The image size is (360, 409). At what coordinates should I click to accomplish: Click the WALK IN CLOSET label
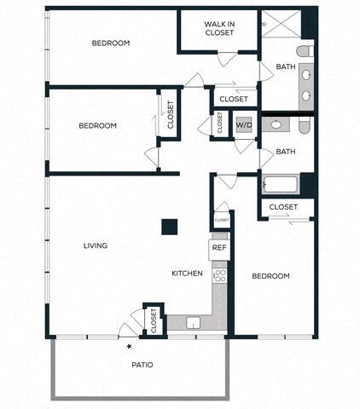(219, 28)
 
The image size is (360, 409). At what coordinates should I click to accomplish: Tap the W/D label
(244, 125)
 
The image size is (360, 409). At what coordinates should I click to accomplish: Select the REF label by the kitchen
(219, 248)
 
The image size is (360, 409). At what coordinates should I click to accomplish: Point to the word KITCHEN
(187, 274)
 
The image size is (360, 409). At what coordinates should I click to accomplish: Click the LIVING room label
(96, 246)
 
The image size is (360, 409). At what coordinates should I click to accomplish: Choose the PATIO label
(142, 365)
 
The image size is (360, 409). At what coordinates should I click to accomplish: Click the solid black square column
(170, 227)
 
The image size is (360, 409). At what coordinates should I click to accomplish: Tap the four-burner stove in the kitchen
(219, 276)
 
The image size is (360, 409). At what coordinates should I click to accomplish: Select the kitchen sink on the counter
(193, 322)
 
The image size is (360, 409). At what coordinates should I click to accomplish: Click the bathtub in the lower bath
(281, 184)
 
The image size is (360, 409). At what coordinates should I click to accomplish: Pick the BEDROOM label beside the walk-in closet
(111, 43)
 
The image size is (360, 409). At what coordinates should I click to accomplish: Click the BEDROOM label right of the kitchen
(270, 276)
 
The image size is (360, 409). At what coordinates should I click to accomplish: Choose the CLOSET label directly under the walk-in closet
(234, 99)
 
